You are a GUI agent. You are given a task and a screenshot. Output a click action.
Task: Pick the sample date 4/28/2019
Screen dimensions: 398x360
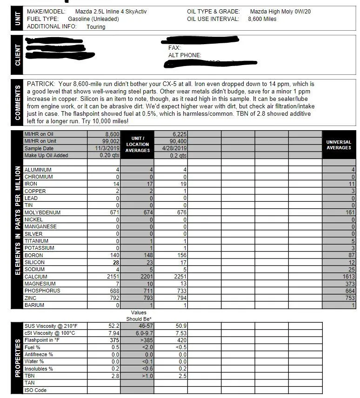click(174, 148)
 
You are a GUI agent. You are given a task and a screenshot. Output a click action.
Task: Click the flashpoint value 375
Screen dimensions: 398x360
click(113, 340)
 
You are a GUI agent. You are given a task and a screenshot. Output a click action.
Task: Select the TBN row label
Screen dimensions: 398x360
click(30, 376)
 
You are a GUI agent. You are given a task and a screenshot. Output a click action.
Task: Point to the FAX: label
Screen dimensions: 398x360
click(174, 48)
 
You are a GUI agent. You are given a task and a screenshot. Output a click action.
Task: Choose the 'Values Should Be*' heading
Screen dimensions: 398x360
click(138, 316)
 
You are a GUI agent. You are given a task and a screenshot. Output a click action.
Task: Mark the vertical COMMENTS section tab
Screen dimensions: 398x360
click(18, 103)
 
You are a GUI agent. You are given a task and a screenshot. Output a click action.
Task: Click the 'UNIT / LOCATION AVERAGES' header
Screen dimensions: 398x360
click(138, 144)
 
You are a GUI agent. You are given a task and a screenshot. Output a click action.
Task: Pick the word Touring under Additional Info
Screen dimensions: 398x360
click(96, 27)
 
